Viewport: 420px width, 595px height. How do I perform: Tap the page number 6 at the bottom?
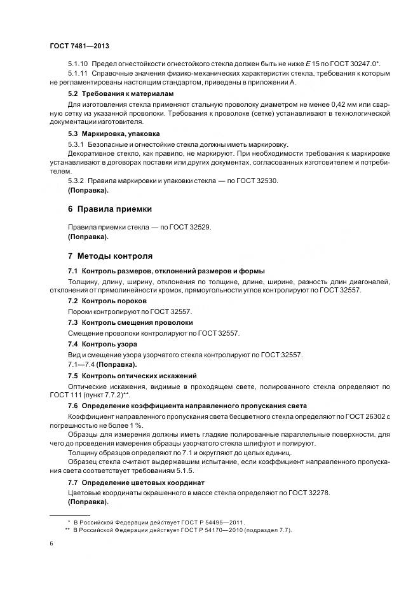point(51,544)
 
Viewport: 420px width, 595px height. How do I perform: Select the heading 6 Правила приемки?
point(110,209)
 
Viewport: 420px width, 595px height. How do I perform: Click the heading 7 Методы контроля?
point(110,256)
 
